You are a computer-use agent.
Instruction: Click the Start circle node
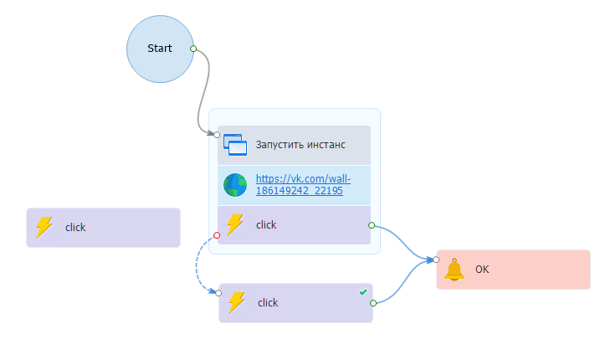click(160, 49)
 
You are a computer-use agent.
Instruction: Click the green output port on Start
click(193, 49)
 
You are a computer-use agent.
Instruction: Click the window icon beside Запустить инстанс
click(237, 145)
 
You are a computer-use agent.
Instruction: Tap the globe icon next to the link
click(235, 184)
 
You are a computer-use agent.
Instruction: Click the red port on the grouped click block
click(217, 235)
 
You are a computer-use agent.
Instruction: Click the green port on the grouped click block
click(371, 224)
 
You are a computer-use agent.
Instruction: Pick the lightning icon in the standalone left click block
click(44, 227)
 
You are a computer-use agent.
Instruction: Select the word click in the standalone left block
click(75, 227)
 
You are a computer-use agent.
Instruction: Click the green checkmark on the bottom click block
click(362, 291)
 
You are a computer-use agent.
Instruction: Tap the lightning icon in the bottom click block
click(237, 302)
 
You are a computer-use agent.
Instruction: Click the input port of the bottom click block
click(218, 293)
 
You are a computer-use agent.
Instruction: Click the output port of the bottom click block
click(372, 303)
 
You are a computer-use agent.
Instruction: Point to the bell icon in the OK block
click(454, 270)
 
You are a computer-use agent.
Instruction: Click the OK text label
click(482, 270)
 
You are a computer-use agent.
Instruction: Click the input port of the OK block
click(436, 260)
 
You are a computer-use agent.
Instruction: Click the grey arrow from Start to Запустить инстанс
click(208, 92)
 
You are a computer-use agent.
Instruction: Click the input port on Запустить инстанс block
click(217, 134)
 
